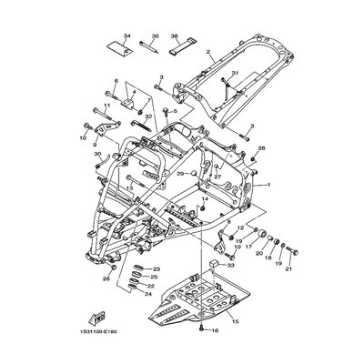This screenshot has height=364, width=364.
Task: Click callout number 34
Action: pyautogui.click(x=126, y=36)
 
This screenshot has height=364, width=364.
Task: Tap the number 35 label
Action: pyautogui.click(x=156, y=36)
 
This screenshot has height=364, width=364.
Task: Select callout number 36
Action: pyautogui.click(x=175, y=36)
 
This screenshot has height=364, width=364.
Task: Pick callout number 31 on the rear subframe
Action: pyautogui.click(x=235, y=74)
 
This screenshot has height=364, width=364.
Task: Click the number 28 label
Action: pyautogui.click(x=261, y=147)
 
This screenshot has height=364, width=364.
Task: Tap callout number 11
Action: pyautogui.click(x=106, y=106)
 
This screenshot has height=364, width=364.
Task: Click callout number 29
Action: pyautogui.click(x=156, y=173)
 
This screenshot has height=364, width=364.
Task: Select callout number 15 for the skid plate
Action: pyautogui.click(x=232, y=320)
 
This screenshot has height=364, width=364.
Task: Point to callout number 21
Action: pyautogui.click(x=289, y=269)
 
